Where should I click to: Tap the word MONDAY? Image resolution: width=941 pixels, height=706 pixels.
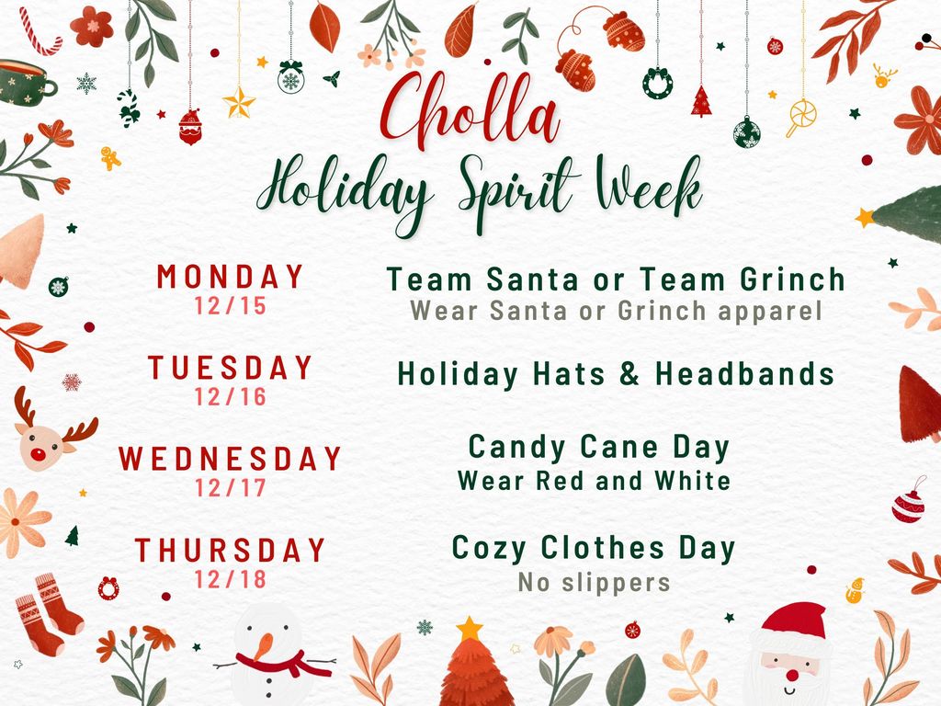point(231,277)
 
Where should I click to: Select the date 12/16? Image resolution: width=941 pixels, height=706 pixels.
point(231,397)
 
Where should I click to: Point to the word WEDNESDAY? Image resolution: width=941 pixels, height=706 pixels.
point(231,458)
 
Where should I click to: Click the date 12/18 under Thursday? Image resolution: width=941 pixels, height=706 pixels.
point(231,579)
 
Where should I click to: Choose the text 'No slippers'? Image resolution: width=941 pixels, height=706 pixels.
point(594,582)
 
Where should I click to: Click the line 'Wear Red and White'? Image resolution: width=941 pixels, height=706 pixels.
point(594,480)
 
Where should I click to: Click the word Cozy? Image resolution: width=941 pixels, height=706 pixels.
point(489,548)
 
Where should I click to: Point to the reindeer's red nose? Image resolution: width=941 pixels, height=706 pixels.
point(39,454)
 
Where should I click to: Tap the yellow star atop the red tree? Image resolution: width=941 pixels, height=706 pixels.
point(470,629)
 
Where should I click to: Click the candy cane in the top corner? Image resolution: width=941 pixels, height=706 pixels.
point(40,32)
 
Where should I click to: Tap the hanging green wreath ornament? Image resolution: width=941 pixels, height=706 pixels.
point(657,84)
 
